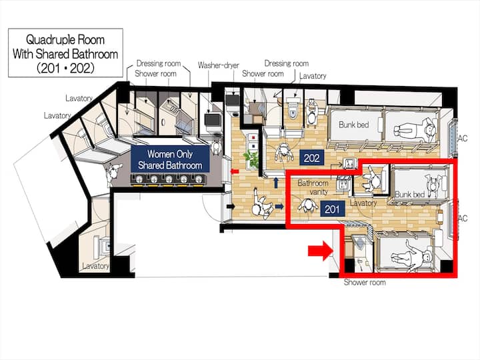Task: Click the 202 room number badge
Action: point(311,158)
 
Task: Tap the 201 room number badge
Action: point(332,209)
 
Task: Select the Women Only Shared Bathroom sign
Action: point(170,159)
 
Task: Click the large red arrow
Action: point(320,251)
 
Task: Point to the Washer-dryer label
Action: point(218,65)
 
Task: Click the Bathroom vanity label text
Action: point(313,187)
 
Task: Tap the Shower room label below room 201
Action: point(364,282)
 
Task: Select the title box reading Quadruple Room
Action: point(65,53)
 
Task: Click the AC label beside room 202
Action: point(462,139)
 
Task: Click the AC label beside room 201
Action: point(463,218)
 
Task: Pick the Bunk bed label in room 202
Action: point(353,125)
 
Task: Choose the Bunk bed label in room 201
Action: point(409,194)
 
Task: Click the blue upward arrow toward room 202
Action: point(276,183)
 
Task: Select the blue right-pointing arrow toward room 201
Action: point(279,207)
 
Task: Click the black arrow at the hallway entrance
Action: point(231,207)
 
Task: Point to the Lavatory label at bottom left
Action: point(95,266)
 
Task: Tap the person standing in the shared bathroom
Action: point(113,173)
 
